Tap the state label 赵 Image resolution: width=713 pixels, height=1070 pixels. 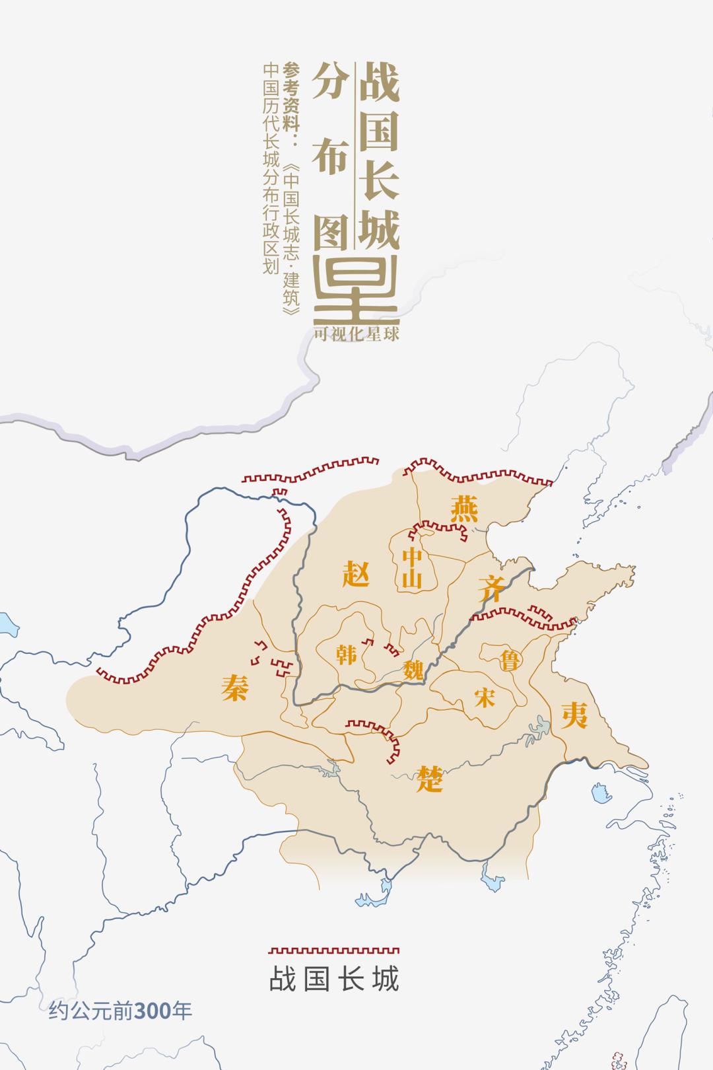tap(356, 572)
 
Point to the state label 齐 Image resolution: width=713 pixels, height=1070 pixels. tap(492, 587)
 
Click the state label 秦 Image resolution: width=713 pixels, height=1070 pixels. tap(236, 688)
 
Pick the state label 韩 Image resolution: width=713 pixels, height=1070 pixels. tap(346, 654)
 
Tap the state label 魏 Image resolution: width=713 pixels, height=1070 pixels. tap(413, 670)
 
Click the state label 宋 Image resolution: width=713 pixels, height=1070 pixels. tap(485, 696)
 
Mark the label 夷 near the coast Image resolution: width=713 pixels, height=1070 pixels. tap(574, 715)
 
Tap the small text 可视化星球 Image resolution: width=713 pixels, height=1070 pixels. tap(357, 335)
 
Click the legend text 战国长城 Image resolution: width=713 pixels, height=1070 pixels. tap(334, 979)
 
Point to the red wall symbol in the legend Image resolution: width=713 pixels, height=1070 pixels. tap(334, 950)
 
